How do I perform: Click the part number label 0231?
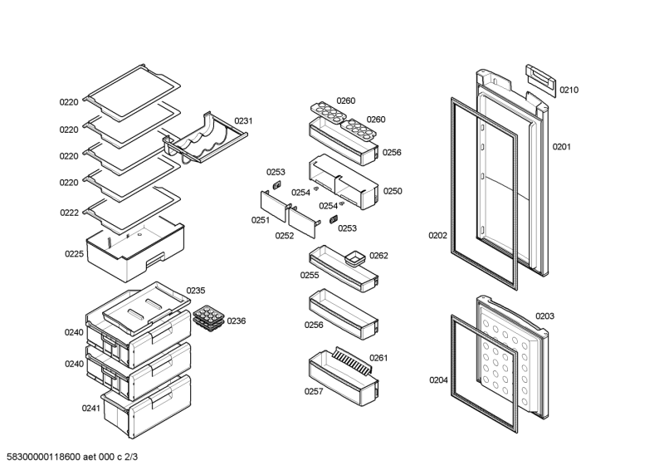pos(243,121)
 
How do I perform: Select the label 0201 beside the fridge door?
pos(562,147)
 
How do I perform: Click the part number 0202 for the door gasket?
pos(437,235)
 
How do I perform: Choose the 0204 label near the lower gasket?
pos(438,380)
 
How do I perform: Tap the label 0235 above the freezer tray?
pos(195,290)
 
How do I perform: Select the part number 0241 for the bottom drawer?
pos(90,408)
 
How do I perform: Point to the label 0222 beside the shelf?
pos(69,213)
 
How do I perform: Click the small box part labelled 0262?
pos(357,258)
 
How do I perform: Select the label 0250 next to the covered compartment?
pos(393,191)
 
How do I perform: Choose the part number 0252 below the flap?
pos(285,235)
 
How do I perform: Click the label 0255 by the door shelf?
pos(310,275)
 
